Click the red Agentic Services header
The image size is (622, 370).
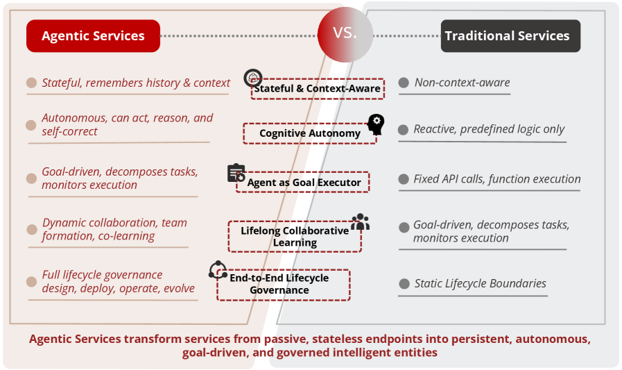pos(93,35)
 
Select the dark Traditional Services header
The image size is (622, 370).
pos(510,35)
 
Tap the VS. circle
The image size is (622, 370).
pos(345,34)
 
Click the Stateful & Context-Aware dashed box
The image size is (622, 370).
pos(318,89)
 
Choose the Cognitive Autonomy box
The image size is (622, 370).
pos(310,133)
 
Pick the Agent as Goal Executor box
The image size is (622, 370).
pos(303,182)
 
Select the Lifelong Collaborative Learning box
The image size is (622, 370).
pos(295,237)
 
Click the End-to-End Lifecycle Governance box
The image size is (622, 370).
pos(283,285)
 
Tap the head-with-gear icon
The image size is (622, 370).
pos(376,124)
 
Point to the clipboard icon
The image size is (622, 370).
pos(236,173)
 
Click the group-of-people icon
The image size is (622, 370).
pos(360,222)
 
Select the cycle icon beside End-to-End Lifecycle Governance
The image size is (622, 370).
pos(218,270)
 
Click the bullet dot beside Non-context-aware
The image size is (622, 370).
pos(404,83)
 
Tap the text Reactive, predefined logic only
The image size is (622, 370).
pos(489,129)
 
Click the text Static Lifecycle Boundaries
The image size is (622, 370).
pos(480,283)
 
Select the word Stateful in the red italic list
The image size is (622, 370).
pos(62,83)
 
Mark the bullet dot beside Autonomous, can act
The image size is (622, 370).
pos(31,126)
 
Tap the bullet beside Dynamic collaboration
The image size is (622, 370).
pos(32,230)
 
